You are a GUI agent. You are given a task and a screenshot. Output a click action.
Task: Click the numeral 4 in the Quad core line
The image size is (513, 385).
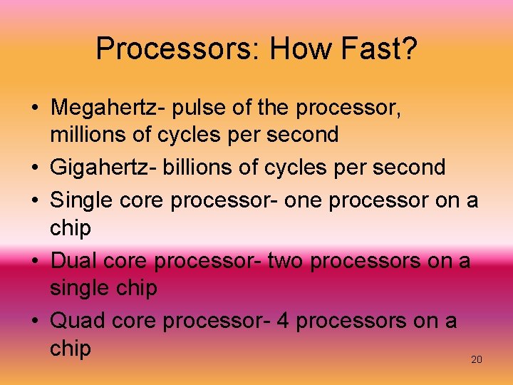click(x=282, y=321)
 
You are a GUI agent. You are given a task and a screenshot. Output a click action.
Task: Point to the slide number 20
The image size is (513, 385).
click(x=477, y=359)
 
